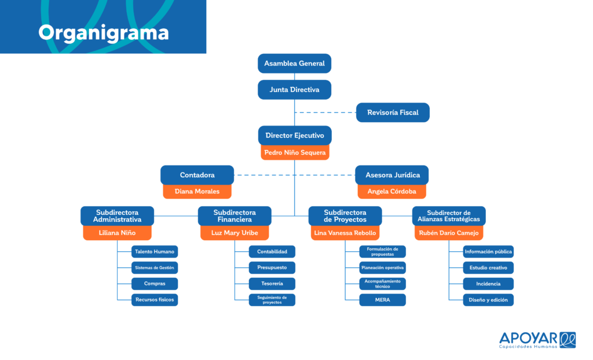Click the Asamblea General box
pyautogui.click(x=294, y=63)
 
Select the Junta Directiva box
pyautogui.click(x=294, y=90)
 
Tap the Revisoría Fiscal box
pyautogui.click(x=393, y=112)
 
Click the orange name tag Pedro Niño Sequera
pyautogui.click(x=295, y=152)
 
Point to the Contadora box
pyautogui.click(x=197, y=175)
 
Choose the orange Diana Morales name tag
pyautogui.click(x=197, y=192)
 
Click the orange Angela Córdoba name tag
pyautogui.click(x=392, y=192)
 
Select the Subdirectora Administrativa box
pyautogui.click(x=117, y=216)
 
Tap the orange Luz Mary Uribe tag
pyautogui.click(x=235, y=233)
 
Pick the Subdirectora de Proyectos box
pyautogui.click(x=345, y=216)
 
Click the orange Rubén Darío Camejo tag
pyautogui.click(x=449, y=233)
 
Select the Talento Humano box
pyautogui.click(x=155, y=251)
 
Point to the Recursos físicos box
pyautogui.click(x=155, y=300)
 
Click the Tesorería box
pyautogui.click(x=272, y=284)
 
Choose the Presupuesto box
pyautogui.click(x=272, y=268)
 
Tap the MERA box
pyautogui.click(x=382, y=300)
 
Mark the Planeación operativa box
pyautogui.click(x=382, y=268)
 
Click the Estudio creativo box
pyautogui.click(x=488, y=268)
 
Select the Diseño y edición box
pyautogui.click(x=488, y=300)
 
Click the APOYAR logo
pyautogui.click(x=537, y=340)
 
